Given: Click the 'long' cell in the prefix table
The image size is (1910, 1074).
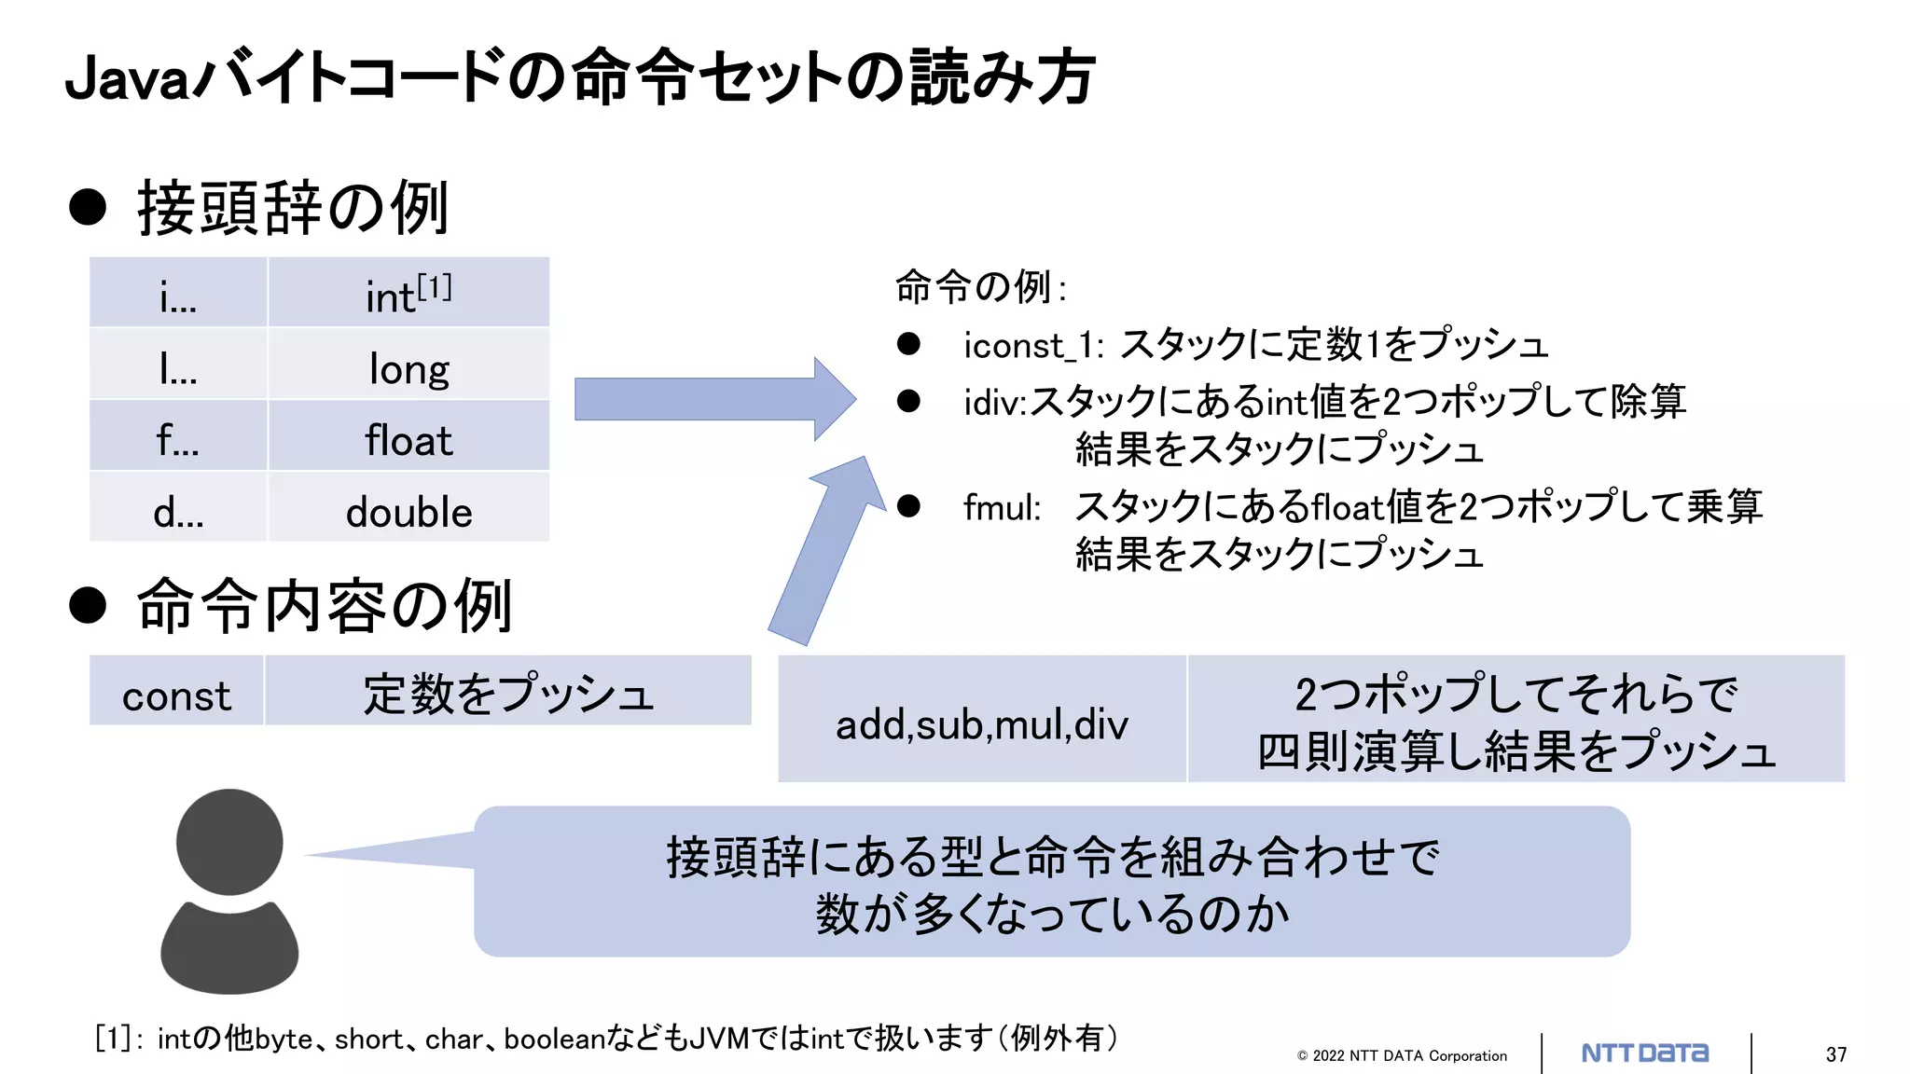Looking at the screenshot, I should pyautogui.click(x=408, y=368).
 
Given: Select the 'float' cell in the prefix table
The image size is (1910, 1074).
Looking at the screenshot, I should pyautogui.click(x=408, y=440).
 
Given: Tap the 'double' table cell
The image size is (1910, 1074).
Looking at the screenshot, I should pyautogui.click(x=408, y=512).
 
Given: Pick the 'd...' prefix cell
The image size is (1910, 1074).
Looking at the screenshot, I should pyautogui.click(x=178, y=512).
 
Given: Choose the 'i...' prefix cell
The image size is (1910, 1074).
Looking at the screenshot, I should pyautogui.click(x=178, y=296).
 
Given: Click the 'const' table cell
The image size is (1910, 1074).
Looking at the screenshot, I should pyautogui.click(x=176, y=695).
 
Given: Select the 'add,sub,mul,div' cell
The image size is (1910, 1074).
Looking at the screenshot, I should pyautogui.click(x=982, y=723).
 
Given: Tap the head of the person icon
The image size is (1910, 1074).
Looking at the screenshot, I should pyautogui.click(x=229, y=841).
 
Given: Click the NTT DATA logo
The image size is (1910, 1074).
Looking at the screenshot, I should pyautogui.click(x=1645, y=1053).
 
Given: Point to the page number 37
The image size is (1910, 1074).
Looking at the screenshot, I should pyautogui.click(x=1836, y=1054).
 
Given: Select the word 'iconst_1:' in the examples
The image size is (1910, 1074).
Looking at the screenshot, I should pyautogui.click(x=1033, y=346).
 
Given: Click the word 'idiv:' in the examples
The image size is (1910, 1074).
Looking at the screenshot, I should pyautogui.click(x=994, y=403).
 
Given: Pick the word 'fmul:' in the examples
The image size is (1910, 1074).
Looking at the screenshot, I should pyautogui.click(x=1002, y=508).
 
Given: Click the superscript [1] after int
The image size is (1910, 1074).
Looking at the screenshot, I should pyautogui.click(x=435, y=286).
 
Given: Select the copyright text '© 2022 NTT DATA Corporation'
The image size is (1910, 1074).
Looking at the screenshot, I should pyautogui.click(x=1402, y=1055).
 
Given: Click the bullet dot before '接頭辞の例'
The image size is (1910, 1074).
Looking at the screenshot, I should pyautogui.click(x=88, y=206).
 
